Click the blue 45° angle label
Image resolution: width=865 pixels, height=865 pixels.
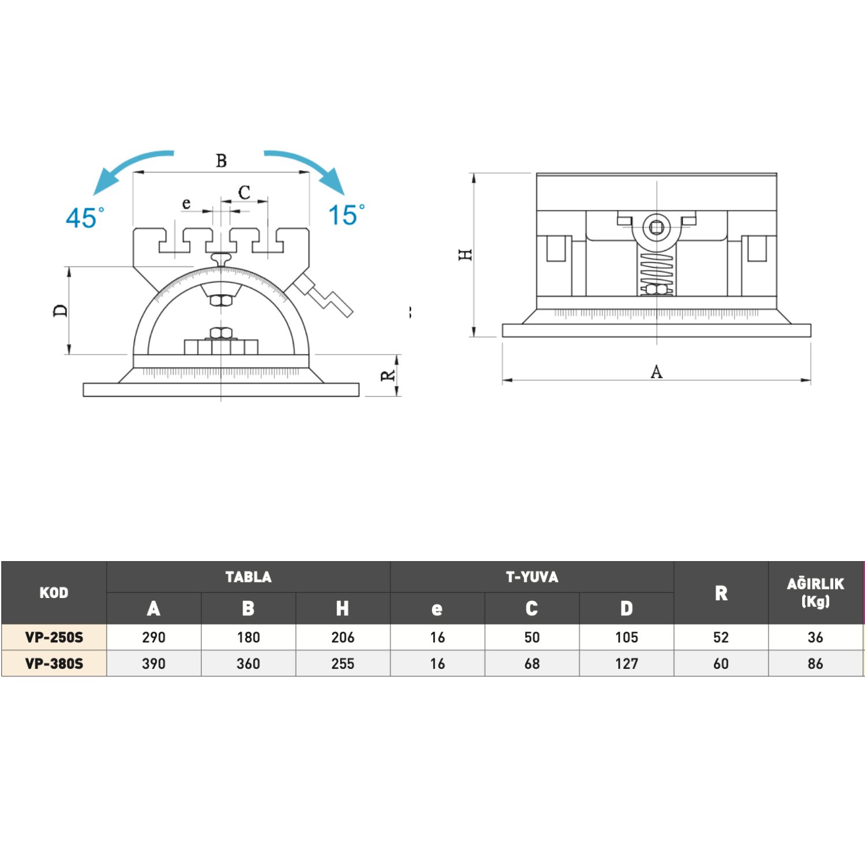tap(85, 218)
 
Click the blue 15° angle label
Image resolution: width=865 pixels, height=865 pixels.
tap(346, 215)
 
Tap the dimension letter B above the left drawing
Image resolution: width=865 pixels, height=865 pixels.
tap(221, 161)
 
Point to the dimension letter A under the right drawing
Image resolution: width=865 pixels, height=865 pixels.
tap(656, 372)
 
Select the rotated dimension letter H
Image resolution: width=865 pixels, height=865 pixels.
tap(465, 254)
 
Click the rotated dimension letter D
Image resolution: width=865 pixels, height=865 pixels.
tap(61, 311)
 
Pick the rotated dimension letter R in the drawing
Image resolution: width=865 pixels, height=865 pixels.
tap(388, 376)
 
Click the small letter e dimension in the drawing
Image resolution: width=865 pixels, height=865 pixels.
tap(186, 204)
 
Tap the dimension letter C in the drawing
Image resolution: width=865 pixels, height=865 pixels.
tap(245, 193)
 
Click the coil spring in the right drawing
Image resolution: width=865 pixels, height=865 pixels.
tap(656, 271)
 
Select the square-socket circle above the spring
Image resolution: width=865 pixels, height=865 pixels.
tap(656, 228)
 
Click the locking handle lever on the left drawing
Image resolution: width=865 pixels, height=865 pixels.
tap(323, 295)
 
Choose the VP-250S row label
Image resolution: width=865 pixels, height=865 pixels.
tap(54, 637)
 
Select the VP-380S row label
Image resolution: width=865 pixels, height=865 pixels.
tap(54, 664)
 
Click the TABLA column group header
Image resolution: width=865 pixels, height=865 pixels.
tap(249, 577)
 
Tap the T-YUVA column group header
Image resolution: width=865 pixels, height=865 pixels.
tap(532, 577)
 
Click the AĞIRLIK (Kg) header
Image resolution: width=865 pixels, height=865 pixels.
tap(815, 592)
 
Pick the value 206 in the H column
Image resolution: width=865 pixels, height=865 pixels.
tap(343, 637)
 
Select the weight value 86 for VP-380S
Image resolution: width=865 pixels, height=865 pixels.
tap(815, 664)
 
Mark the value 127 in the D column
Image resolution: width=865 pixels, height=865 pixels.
tap(627, 664)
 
